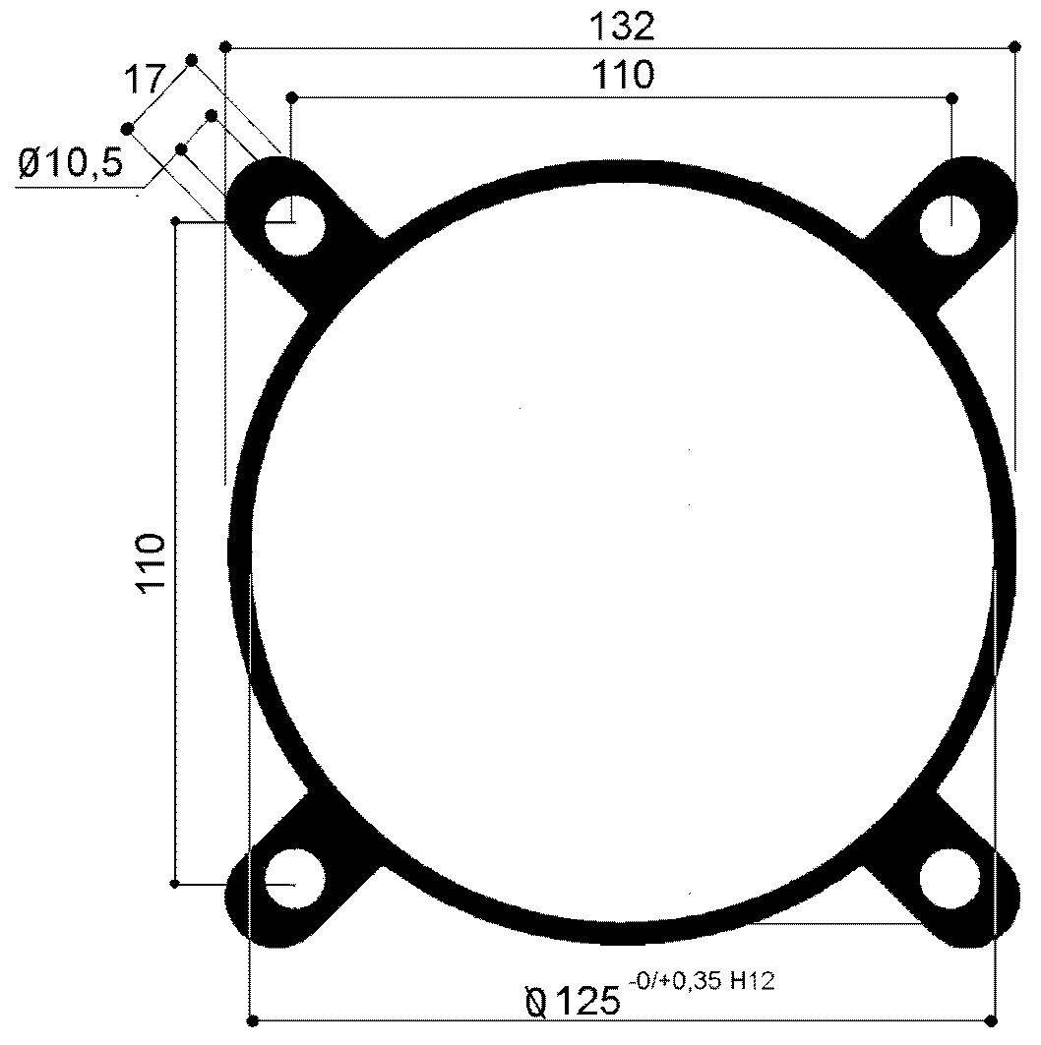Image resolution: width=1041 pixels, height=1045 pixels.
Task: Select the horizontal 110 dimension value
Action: [622, 75]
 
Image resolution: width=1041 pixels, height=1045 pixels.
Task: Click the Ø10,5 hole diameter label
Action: [71, 163]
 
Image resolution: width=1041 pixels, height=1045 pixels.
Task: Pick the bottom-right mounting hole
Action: [949, 879]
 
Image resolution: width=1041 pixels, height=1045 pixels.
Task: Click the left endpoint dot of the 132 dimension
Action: [226, 46]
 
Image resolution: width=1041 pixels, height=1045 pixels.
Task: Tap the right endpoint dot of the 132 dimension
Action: [1014, 46]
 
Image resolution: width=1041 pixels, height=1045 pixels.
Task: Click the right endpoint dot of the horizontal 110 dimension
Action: [951, 97]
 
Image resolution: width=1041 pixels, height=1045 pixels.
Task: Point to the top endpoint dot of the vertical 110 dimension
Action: [175, 221]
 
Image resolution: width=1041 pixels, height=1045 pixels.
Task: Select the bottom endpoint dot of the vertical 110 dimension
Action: [175, 884]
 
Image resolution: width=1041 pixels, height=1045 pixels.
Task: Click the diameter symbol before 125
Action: [537, 1002]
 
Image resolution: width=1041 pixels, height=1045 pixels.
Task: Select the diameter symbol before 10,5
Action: [29, 163]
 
